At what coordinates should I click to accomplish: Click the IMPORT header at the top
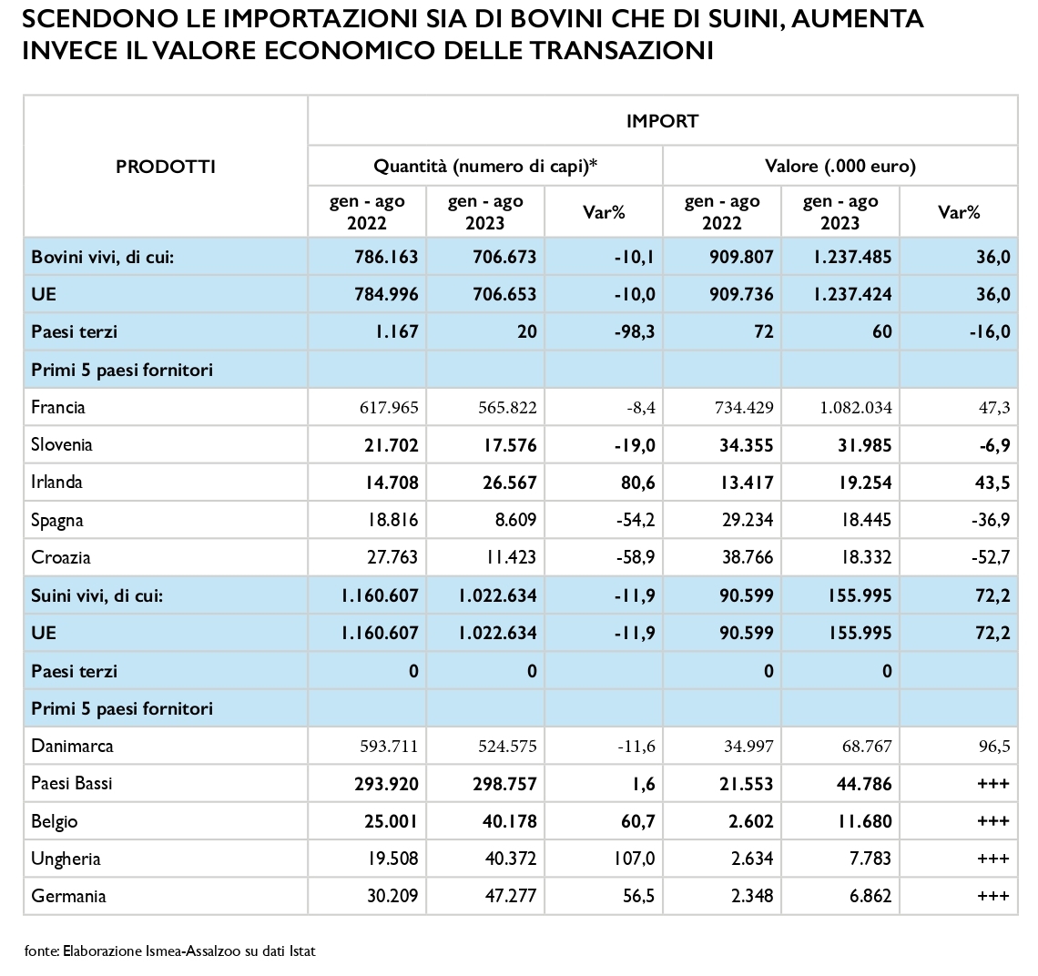(662, 121)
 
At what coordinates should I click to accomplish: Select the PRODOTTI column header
(166, 167)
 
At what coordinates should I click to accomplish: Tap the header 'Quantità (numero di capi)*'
(485, 167)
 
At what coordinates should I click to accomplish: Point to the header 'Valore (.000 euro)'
(840, 167)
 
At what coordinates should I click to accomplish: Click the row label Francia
(58, 407)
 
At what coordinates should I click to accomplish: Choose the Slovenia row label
(62, 444)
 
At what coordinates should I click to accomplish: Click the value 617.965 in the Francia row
(390, 407)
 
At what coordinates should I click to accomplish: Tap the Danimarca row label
(72, 746)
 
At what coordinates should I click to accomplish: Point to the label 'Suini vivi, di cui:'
(97, 595)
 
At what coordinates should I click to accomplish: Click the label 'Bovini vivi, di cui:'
(103, 256)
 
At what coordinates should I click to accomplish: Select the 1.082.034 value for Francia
(856, 407)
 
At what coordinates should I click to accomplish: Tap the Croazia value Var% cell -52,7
(991, 557)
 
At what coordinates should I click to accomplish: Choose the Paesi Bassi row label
(72, 783)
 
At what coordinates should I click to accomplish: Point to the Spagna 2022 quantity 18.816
(392, 520)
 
